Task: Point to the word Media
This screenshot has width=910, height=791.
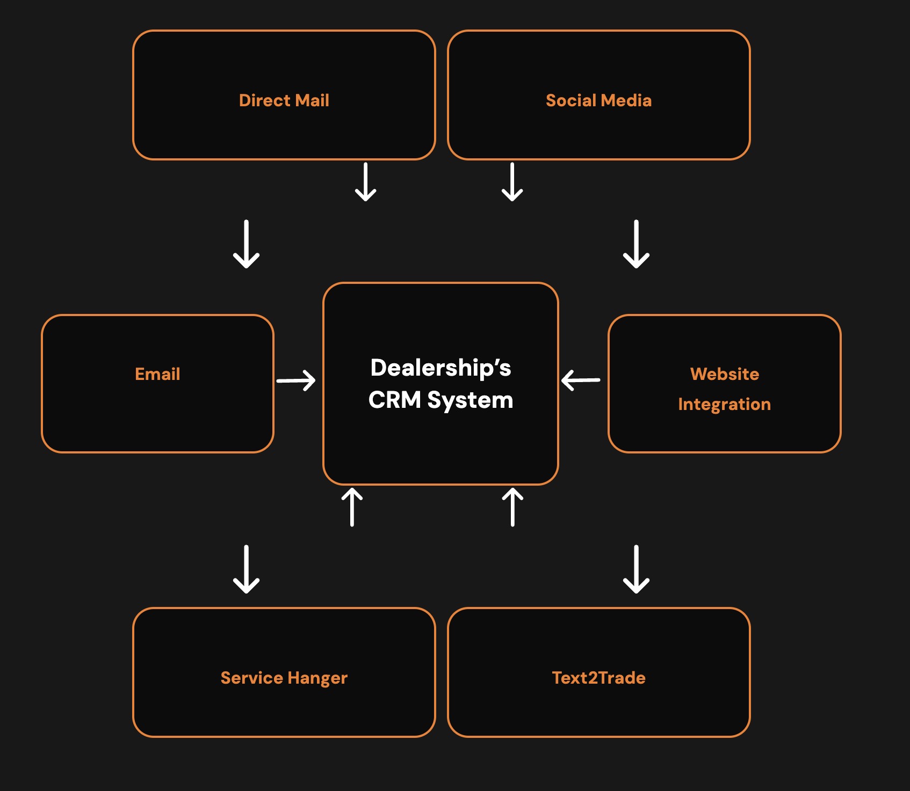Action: click(626, 100)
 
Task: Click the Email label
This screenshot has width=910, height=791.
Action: click(157, 374)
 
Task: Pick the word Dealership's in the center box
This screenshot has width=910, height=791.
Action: click(441, 368)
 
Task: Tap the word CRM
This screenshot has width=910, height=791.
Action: click(395, 400)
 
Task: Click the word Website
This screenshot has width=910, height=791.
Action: click(725, 374)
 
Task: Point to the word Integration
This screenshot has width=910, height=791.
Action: click(725, 405)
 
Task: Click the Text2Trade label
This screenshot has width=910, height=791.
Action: click(599, 678)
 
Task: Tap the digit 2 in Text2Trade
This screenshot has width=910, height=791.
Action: click(593, 678)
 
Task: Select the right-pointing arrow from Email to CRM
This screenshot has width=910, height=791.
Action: click(296, 380)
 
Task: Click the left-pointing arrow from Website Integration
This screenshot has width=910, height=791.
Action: click(581, 380)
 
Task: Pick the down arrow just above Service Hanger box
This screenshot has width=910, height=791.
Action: click(247, 569)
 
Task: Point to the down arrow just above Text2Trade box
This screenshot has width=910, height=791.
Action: click(637, 569)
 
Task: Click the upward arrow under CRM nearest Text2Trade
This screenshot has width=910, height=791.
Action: click(512, 507)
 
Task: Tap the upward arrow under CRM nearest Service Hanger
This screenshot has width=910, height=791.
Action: click(352, 507)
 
